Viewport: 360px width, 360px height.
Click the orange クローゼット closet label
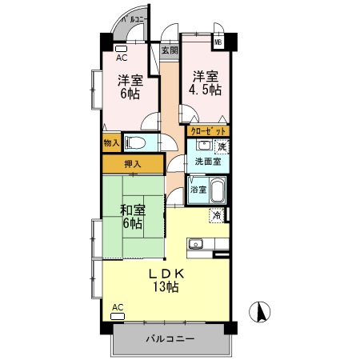tap(209, 130)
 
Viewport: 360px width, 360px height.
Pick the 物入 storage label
tap(111, 143)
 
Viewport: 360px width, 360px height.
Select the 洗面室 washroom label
tap(207, 162)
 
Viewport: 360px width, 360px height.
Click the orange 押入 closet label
tap(132, 164)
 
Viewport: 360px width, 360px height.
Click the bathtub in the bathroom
tap(218, 192)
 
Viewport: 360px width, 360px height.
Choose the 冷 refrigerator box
tap(216, 214)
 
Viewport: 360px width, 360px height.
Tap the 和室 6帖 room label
tap(132, 216)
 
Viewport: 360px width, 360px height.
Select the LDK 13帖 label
tap(167, 279)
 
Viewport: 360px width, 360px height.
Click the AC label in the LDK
tap(118, 307)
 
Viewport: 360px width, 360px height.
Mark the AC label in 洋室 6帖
tap(122, 58)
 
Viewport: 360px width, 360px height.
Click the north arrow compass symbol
tap(259, 312)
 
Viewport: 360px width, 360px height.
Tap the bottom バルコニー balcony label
tap(170, 339)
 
